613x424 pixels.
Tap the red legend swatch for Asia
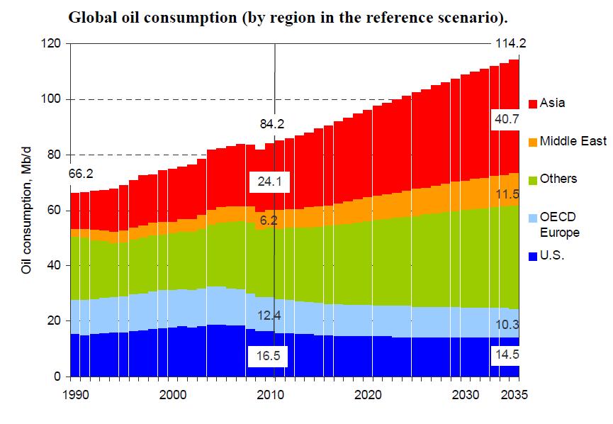[x=532, y=104]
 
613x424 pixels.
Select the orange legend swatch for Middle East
[x=532, y=142]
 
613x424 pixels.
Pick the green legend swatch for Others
[x=532, y=179]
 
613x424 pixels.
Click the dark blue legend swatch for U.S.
[x=532, y=256]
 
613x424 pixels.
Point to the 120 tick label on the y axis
[x=51, y=44]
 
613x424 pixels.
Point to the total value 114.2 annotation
[x=510, y=44]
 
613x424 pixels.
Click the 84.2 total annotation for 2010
[x=272, y=125]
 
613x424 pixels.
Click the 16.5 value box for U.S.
[x=269, y=356]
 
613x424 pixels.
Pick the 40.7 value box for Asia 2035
[x=506, y=120]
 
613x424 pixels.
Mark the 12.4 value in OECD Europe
[x=269, y=314]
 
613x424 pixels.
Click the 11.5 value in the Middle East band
[x=506, y=194]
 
